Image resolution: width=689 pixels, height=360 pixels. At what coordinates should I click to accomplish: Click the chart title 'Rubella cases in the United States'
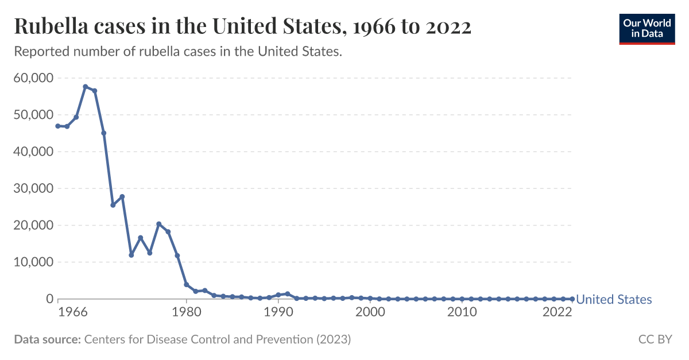(x=242, y=26)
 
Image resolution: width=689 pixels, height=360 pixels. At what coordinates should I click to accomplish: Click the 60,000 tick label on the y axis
(x=33, y=78)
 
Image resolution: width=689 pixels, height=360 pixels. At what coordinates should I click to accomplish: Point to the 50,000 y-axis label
(x=33, y=115)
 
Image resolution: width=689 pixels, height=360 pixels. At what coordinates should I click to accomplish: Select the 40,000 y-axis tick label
(x=33, y=152)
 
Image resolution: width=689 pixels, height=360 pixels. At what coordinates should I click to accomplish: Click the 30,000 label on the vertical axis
(x=33, y=188)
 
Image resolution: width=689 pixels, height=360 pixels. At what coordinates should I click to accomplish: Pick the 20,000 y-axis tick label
(x=33, y=225)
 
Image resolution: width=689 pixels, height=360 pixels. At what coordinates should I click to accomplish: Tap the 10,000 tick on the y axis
(x=33, y=262)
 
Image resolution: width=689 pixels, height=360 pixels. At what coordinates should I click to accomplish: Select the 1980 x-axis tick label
(x=187, y=313)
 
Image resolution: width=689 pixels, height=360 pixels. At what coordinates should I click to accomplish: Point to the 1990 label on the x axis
(x=278, y=313)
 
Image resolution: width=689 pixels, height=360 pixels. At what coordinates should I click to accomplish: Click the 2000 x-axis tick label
(x=370, y=313)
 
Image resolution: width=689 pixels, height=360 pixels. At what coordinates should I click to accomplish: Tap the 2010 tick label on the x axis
(x=462, y=313)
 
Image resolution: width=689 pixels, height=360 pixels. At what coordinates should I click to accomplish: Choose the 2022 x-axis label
(x=556, y=313)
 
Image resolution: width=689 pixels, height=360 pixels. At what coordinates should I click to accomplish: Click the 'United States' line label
(x=614, y=300)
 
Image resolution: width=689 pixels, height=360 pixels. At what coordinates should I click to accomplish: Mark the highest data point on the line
(x=86, y=87)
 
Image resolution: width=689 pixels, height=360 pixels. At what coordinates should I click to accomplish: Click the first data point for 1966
(x=58, y=126)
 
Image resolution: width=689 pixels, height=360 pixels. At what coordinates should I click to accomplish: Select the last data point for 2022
(x=572, y=299)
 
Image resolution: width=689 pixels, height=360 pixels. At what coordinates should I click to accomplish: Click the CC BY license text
(x=655, y=339)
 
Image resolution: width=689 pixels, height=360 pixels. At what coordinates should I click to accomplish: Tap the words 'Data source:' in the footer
(x=47, y=339)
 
